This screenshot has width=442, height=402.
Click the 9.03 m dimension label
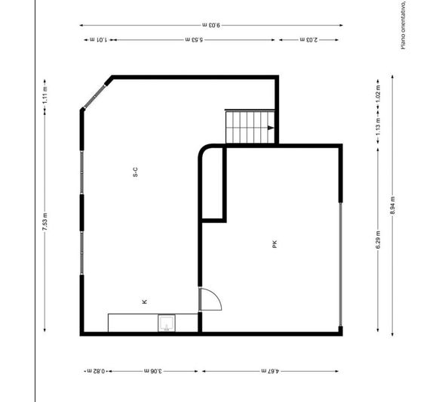[211, 25]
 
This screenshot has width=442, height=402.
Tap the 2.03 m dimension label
[308, 39]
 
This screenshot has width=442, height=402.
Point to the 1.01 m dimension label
[97, 39]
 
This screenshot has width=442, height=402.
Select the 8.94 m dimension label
[392, 206]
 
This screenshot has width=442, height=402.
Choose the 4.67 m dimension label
[270, 371]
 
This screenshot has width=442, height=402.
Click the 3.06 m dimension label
[153, 371]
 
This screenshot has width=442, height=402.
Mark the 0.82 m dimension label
[96, 371]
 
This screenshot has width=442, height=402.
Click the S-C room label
[135, 172]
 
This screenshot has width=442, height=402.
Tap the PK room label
[275, 244]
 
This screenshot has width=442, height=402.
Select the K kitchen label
[144, 301]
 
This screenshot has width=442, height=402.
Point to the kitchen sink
[166, 324]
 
